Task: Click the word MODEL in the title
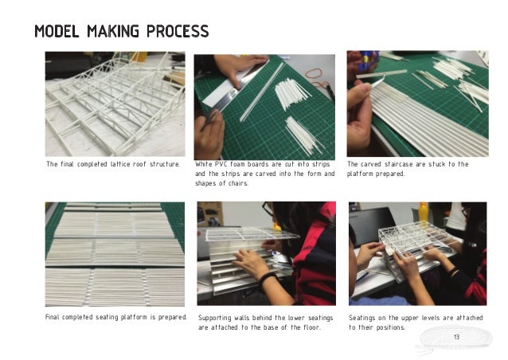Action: pos(57,31)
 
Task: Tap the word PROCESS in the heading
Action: pos(178,31)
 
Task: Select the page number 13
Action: pos(456,337)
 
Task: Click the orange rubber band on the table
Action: pos(314,73)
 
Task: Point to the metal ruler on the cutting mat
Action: pos(235,90)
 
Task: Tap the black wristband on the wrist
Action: pos(268,278)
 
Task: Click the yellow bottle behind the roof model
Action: pos(423,212)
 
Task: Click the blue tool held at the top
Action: pos(368,61)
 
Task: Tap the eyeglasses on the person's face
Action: pos(268,209)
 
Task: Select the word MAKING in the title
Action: pos(113,31)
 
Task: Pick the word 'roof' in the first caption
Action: pos(139,164)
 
